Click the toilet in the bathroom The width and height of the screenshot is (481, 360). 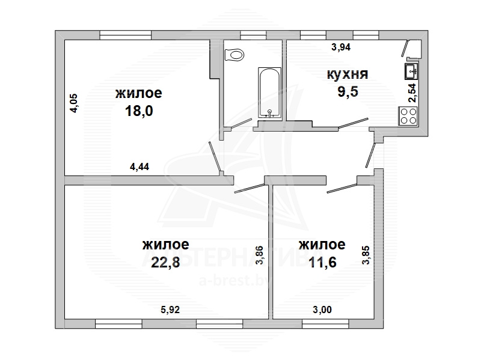234,55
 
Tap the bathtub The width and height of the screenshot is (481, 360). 269,93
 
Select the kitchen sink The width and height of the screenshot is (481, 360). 412,72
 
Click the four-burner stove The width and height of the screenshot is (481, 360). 408,116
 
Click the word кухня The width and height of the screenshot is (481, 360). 348,74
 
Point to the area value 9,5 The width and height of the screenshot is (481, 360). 348,91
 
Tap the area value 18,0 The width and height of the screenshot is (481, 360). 139,111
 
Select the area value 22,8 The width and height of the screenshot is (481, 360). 165,262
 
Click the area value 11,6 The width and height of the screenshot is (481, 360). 322,262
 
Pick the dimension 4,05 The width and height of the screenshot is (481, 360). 75,103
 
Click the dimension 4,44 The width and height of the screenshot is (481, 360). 139,166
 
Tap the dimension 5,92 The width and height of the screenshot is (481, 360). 170,310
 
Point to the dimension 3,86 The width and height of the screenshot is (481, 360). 260,255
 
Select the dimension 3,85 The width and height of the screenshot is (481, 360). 366,255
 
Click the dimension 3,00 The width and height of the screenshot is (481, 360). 322,310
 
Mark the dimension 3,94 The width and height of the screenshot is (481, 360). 341,47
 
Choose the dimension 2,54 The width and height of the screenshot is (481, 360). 412,93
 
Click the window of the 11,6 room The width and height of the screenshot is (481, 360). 325,323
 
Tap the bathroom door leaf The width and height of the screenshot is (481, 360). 242,123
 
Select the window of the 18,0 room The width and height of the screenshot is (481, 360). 126,35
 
